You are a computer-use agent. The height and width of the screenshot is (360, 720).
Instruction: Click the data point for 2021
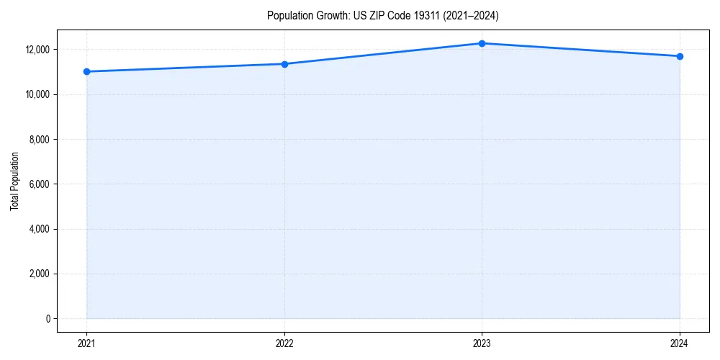pyautogui.click(x=86, y=71)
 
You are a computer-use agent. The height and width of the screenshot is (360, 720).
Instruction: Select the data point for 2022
pyautogui.click(x=284, y=64)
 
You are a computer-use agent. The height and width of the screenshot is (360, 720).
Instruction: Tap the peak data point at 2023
pyautogui.click(x=482, y=43)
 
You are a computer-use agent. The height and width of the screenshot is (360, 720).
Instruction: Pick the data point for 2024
pyautogui.click(x=680, y=56)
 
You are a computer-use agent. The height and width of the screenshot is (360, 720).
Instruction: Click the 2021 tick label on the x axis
pyautogui.click(x=86, y=343)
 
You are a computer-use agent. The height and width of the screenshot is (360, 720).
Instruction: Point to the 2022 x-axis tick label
pyautogui.click(x=284, y=343)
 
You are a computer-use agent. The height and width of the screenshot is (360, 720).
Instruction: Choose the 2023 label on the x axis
pyautogui.click(x=482, y=343)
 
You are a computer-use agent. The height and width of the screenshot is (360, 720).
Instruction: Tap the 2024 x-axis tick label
pyautogui.click(x=680, y=343)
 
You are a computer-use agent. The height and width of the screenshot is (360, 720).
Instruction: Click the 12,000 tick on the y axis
pyautogui.click(x=37, y=50)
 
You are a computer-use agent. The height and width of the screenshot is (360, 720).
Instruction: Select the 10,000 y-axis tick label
pyautogui.click(x=37, y=94)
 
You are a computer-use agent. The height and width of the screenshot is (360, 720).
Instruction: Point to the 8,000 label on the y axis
pyautogui.click(x=39, y=139)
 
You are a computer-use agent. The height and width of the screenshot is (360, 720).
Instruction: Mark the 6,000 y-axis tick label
pyautogui.click(x=39, y=184)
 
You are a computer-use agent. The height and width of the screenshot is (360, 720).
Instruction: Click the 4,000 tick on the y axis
pyautogui.click(x=39, y=229)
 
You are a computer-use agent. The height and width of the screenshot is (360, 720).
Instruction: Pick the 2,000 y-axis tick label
pyautogui.click(x=39, y=274)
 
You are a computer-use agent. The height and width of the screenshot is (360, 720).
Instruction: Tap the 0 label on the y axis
pyautogui.click(x=47, y=318)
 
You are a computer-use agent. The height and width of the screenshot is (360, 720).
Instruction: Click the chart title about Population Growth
pyautogui.click(x=382, y=15)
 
